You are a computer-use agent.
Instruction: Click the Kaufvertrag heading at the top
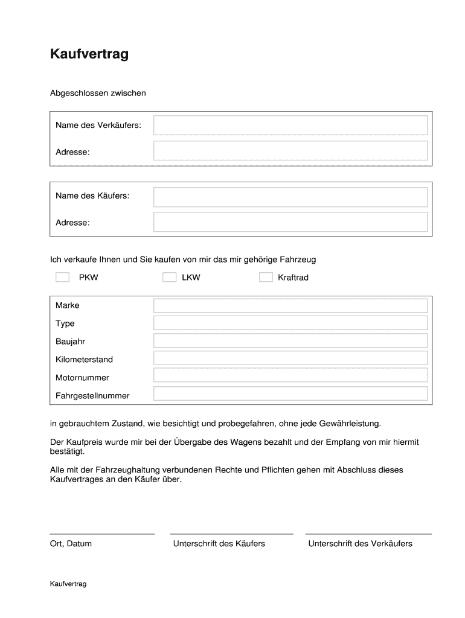coord(89,55)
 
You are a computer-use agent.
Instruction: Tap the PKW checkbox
coord(62,278)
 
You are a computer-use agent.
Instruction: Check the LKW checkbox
coord(170,278)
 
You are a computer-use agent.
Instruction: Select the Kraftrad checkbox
coord(266,278)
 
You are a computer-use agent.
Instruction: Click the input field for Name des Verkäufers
coord(290,126)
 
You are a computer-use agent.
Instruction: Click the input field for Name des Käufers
coord(290,197)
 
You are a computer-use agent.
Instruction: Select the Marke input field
coord(290,305)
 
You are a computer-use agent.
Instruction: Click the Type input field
coord(290,323)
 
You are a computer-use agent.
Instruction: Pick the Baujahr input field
coord(290,341)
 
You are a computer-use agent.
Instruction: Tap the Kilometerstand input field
coord(290,358)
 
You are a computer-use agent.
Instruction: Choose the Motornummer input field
coord(290,376)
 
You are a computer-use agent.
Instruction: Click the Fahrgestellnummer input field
coord(290,394)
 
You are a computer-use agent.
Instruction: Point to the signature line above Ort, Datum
coord(102,534)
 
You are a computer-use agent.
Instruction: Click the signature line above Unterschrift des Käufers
coord(231,534)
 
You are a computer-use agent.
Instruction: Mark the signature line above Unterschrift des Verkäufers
coord(368,534)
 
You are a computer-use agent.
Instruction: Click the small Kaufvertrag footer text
coord(68,584)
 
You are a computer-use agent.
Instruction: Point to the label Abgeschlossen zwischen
coord(98,94)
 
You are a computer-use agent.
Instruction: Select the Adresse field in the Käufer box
coord(290,222)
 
